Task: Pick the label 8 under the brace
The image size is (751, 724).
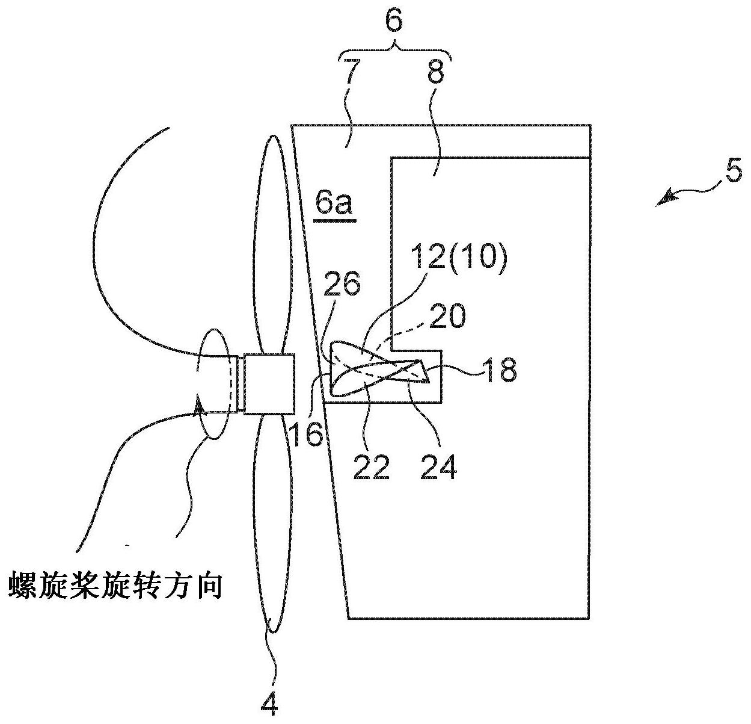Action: tap(436, 72)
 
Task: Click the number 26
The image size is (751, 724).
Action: tap(342, 283)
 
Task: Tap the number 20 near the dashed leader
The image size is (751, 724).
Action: tap(448, 317)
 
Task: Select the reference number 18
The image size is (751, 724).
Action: tap(500, 370)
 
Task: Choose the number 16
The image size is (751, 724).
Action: tap(308, 434)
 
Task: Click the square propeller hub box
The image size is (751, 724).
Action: tap(269, 383)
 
